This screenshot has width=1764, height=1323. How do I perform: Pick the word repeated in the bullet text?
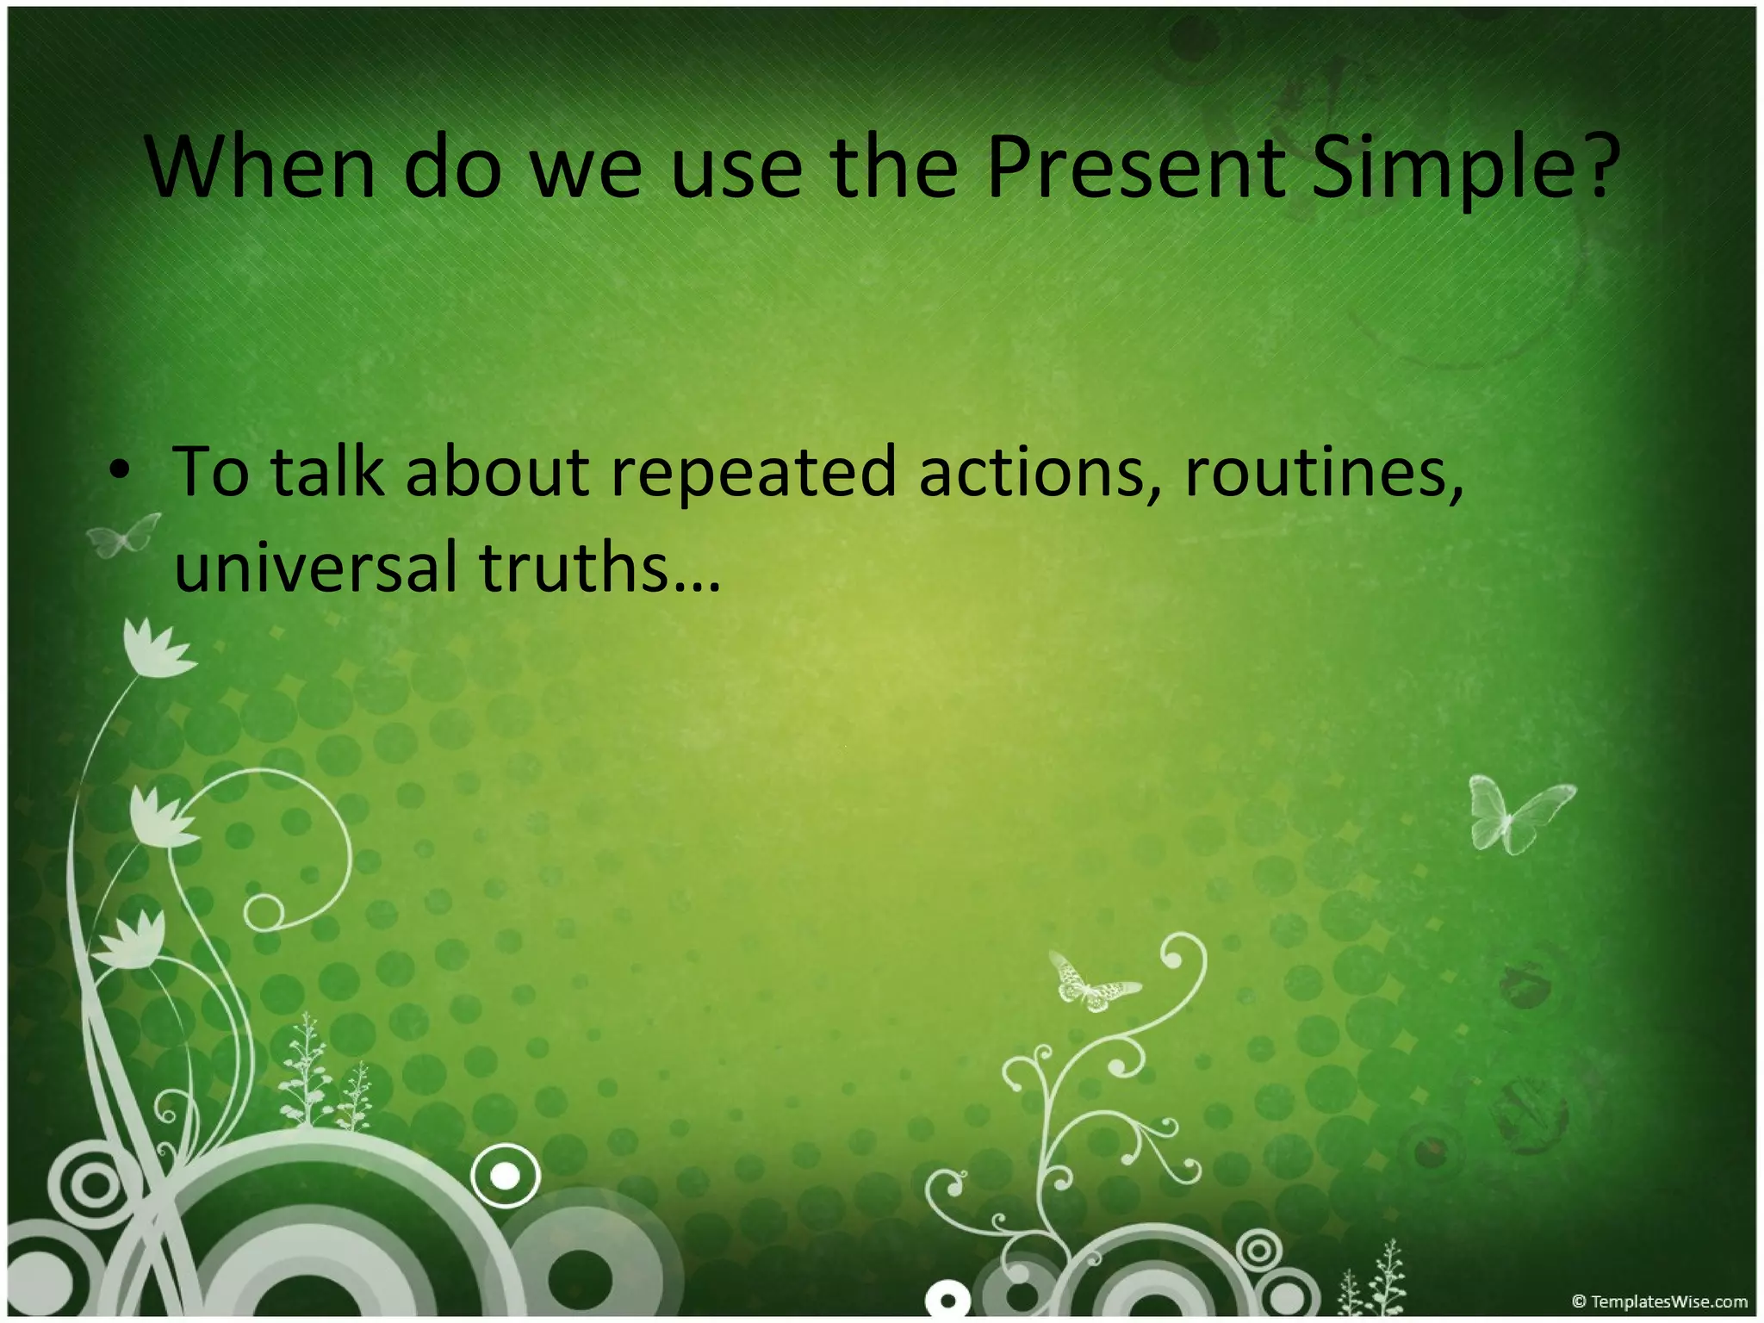754,474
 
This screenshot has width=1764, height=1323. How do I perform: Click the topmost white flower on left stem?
155,650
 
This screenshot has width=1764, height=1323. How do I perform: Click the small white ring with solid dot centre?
506,1175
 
